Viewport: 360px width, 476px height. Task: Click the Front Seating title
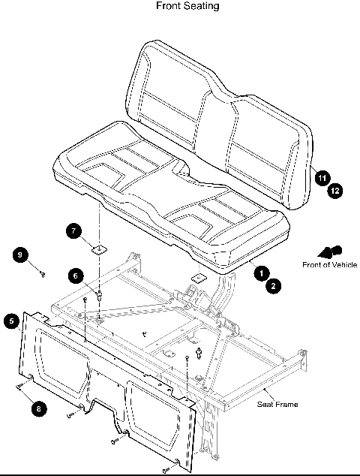187,6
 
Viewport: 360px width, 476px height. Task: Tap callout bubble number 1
261,273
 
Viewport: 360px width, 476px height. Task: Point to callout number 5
10,321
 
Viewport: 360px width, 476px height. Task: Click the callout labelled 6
76,276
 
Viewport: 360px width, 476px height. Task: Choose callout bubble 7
74,230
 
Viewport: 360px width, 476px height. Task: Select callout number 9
20,255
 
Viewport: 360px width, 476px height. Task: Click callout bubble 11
321,178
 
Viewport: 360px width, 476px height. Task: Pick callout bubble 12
334,191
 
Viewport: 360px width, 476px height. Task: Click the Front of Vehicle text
329,264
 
